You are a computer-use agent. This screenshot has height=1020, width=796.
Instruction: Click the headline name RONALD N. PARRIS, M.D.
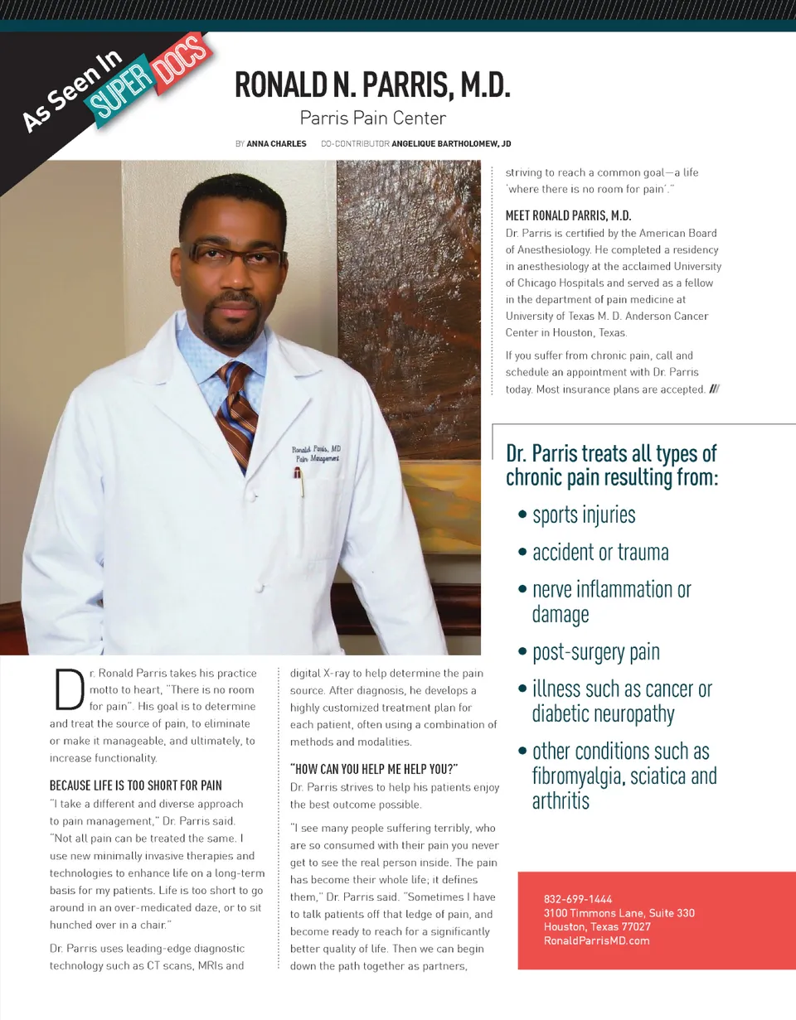pos(371,86)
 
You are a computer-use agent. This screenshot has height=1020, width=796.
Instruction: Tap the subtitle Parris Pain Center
pos(372,118)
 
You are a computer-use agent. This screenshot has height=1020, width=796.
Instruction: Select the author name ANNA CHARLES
pos(276,143)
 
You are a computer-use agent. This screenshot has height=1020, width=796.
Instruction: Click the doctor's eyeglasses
pos(234,253)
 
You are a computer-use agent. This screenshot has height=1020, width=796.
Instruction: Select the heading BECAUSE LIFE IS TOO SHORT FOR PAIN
pos(136,785)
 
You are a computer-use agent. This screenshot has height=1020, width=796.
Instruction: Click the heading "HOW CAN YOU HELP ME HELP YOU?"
pos(374,768)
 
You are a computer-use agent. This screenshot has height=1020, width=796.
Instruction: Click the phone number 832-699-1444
pos(578,899)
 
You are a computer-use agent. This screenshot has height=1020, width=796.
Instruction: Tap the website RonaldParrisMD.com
pos(596,940)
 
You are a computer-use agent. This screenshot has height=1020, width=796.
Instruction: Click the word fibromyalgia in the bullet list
pos(579,777)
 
